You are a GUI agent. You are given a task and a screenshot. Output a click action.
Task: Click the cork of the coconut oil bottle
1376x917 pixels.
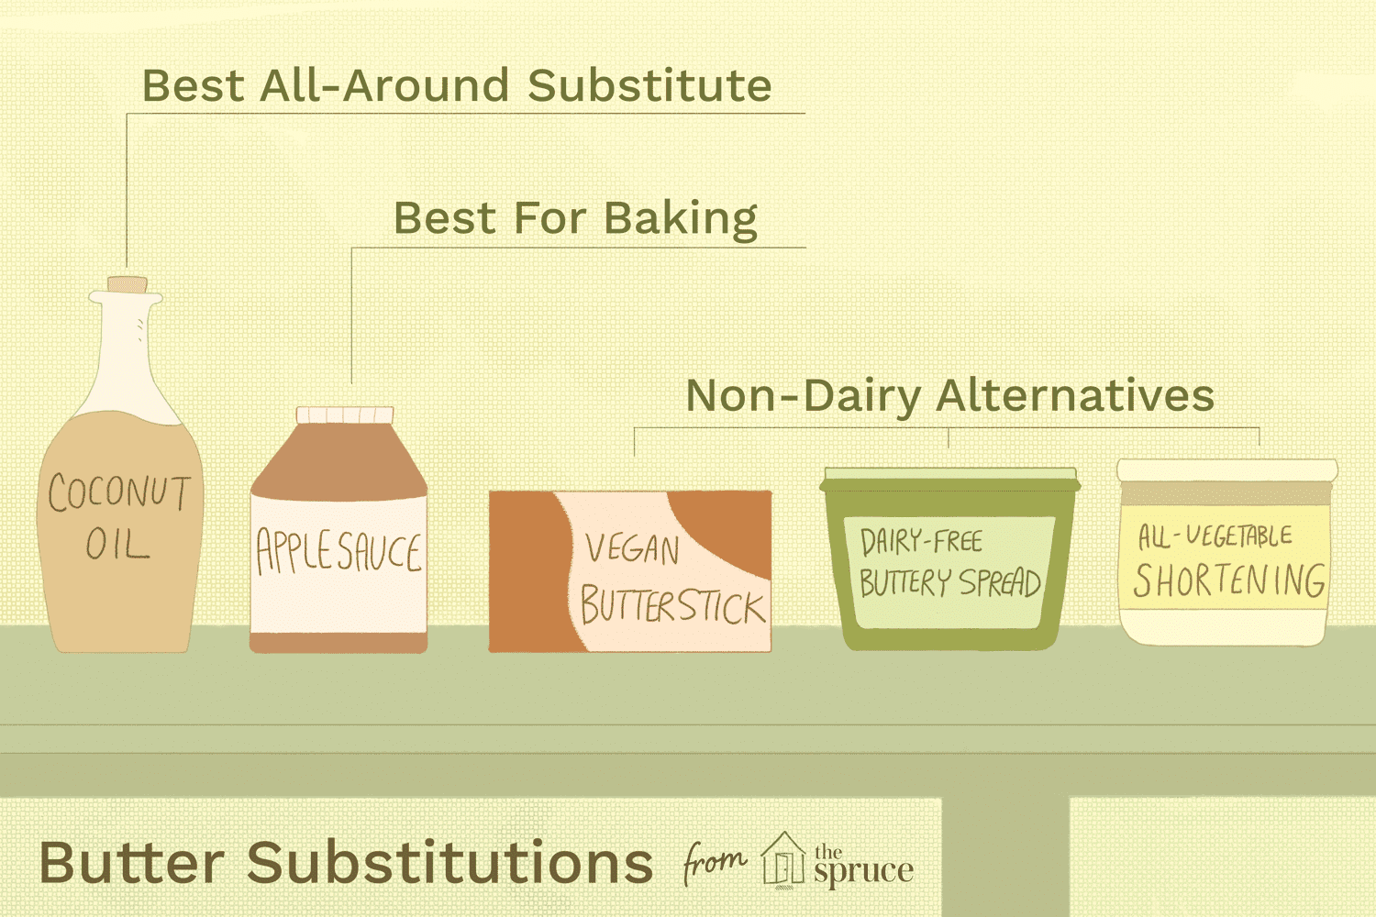[x=127, y=285]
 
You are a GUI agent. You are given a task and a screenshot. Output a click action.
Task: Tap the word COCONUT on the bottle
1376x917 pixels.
[x=119, y=493]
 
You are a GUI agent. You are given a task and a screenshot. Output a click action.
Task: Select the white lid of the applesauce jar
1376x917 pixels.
[x=345, y=415]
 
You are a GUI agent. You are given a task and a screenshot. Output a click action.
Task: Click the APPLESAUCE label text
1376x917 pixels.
[x=338, y=552]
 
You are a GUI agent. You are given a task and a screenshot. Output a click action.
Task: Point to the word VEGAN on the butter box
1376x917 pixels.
[x=633, y=549]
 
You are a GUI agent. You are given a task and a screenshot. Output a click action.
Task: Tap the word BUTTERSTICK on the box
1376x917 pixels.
[x=672, y=606]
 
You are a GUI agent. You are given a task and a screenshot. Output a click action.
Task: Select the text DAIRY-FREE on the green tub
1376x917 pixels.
[x=921, y=542]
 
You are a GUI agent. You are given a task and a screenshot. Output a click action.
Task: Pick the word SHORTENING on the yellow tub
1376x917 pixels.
[x=1229, y=580]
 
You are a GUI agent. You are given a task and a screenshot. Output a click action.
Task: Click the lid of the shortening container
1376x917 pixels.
[x=1227, y=470]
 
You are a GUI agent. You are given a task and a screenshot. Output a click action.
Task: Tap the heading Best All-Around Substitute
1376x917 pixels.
[x=457, y=86]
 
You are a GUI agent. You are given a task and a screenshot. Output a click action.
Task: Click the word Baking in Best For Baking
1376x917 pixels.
[x=681, y=219]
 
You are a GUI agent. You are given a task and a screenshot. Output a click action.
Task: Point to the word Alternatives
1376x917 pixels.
[x=1075, y=396]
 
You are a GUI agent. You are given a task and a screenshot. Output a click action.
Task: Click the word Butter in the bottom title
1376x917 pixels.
[x=132, y=863]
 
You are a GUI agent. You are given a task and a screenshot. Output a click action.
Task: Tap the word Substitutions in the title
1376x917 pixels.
[x=449, y=863]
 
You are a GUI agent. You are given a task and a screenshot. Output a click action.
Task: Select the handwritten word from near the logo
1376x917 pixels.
[x=714, y=863]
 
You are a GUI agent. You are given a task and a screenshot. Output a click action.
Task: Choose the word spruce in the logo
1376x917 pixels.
[x=863, y=871]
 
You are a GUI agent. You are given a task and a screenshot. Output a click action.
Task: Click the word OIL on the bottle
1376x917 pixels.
[x=117, y=546]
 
